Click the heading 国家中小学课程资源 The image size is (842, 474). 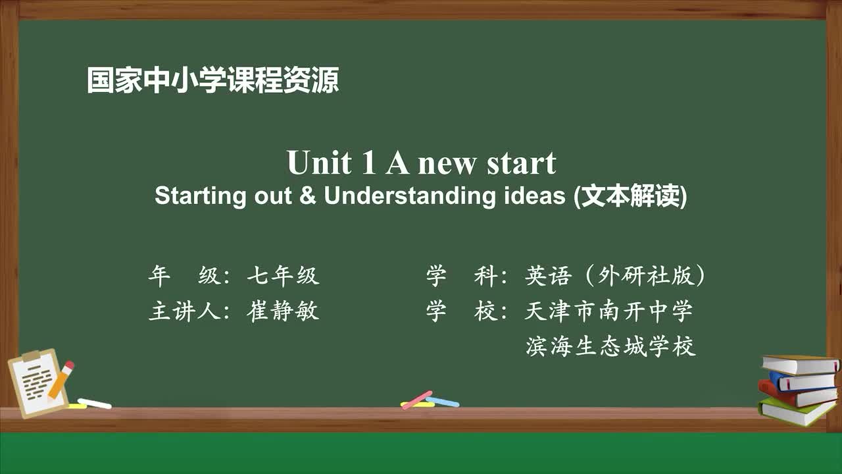[x=212, y=80]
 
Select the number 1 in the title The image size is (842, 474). [x=368, y=163]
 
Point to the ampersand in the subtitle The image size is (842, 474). [x=307, y=196]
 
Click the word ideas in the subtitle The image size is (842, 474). [x=534, y=196]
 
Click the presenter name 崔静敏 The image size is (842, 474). [x=283, y=311]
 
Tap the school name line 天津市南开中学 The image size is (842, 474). [x=608, y=311]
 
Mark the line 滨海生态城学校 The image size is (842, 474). [x=610, y=346]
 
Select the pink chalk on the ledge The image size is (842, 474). [x=416, y=400]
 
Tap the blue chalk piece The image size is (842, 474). [x=443, y=401]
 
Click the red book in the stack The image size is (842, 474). [x=796, y=394]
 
